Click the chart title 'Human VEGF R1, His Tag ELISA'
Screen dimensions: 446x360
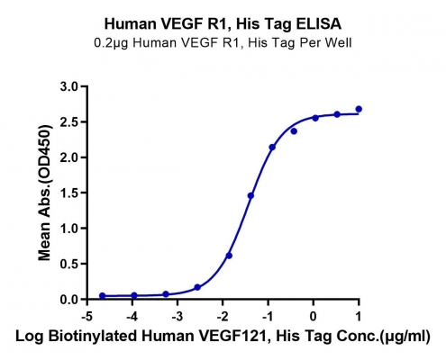point(223,24)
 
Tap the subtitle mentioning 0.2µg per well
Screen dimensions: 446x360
point(223,43)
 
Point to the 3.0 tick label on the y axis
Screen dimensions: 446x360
point(69,86)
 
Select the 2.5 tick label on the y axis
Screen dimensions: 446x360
point(69,122)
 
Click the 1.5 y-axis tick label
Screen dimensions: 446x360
point(69,193)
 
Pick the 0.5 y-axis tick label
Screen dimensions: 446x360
point(69,264)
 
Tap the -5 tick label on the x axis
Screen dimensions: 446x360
point(87,316)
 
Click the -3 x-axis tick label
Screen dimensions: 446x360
point(177,316)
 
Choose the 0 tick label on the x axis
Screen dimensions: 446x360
point(314,316)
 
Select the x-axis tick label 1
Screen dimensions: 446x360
point(359,316)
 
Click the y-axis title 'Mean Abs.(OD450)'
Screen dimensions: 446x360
point(44,193)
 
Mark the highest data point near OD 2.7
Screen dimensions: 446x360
point(359,109)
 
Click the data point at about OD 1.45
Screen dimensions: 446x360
point(250,195)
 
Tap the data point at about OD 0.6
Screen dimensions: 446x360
point(229,256)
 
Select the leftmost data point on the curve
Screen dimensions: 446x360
point(102,296)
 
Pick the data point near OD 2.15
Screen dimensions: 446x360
point(272,147)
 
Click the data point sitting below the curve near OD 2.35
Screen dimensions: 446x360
point(294,131)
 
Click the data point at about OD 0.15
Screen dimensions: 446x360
point(197,287)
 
